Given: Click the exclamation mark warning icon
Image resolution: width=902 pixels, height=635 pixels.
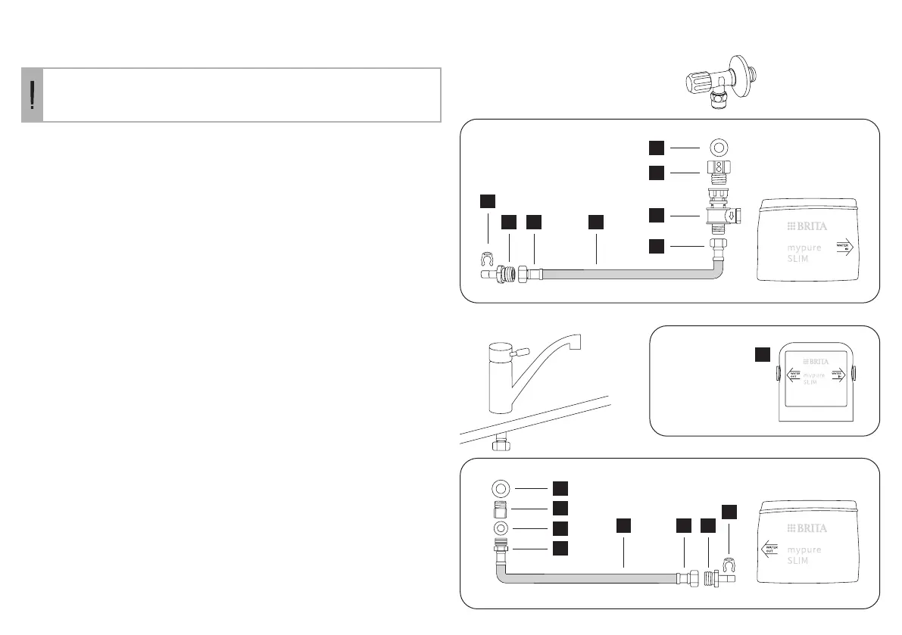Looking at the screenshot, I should tap(32, 95).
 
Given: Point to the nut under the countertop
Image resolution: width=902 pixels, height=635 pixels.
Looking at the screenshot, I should tap(500, 445).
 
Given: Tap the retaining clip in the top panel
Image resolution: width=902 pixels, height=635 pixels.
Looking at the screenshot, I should tap(488, 260).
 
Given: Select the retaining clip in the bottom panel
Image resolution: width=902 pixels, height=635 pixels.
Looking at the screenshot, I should tap(729, 564).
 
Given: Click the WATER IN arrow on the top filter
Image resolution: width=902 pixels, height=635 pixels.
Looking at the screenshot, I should tap(843, 246).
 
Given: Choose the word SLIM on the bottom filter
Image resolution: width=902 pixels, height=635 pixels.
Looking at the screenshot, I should tap(797, 561).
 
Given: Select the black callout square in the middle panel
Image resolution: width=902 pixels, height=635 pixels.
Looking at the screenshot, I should tap(762, 354).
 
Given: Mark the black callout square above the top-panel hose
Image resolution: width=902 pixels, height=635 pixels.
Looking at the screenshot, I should tap(596, 222).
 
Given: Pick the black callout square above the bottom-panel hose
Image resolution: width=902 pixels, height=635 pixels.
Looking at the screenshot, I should tap(622, 524).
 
